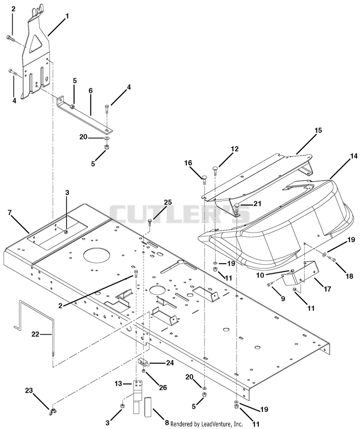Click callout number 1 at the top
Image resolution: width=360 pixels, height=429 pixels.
(67, 17)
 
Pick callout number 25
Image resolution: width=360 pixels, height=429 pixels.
(168, 202)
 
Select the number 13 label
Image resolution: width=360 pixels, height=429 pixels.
(118, 384)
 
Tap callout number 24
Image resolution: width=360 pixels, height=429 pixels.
(170, 363)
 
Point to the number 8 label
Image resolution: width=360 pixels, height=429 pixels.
(166, 423)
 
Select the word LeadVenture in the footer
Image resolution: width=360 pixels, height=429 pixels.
(216, 424)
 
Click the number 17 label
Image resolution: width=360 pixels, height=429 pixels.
(328, 289)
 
